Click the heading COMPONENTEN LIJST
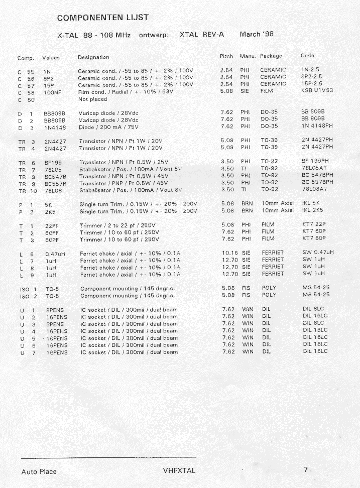tap(102, 18)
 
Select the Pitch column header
tap(226, 56)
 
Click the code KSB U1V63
tap(317, 90)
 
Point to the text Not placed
tap(93, 99)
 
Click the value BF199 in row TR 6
tap(52, 163)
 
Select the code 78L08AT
tap(314, 189)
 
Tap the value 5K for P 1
tap(48, 205)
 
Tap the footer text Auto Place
tap(39, 471)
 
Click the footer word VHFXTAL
tap(179, 470)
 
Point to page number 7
tap(305, 470)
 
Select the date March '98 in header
tap(257, 35)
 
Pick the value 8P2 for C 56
tap(49, 79)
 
